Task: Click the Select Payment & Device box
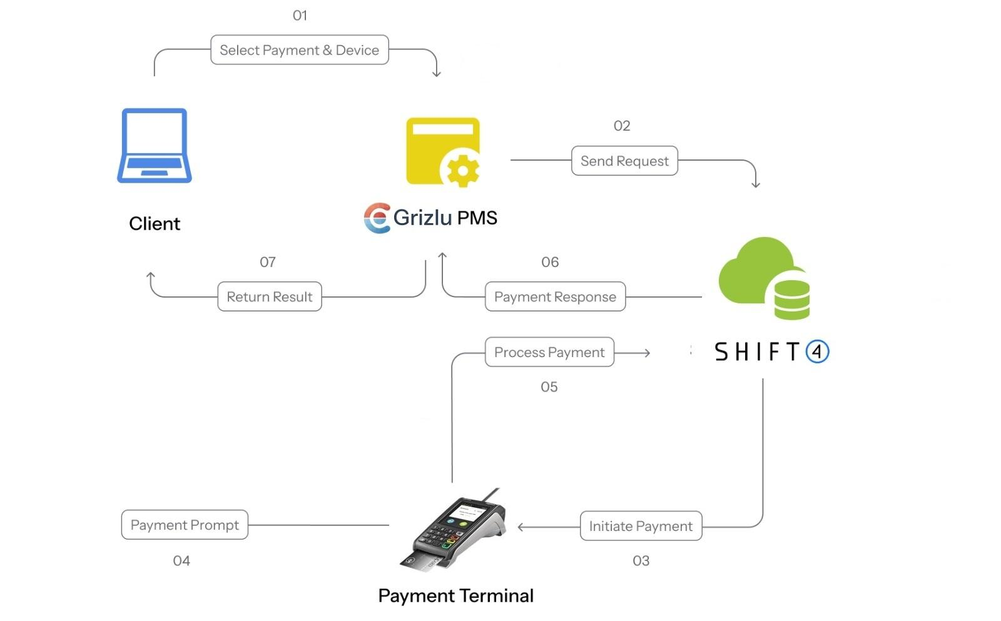click(x=299, y=50)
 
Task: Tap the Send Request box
click(x=624, y=161)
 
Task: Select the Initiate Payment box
click(x=641, y=527)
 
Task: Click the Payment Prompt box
click(x=185, y=525)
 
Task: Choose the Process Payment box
click(x=549, y=353)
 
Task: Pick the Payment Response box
click(x=555, y=297)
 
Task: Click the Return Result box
click(x=270, y=297)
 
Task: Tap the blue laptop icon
click(x=155, y=146)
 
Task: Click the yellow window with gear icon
click(x=444, y=153)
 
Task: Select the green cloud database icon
click(x=765, y=278)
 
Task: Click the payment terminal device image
click(x=453, y=530)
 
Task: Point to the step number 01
click(x=300, y=16)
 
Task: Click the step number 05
click(x=549, y=387)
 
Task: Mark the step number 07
click(x=268, y=262)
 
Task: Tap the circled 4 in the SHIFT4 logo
click(x=817, y=351)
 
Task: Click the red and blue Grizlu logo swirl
click(x=377, y=218)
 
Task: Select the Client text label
click(x=155, y=224)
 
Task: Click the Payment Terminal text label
click(x=455, y=596)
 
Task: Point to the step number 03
click(x=641, y=561)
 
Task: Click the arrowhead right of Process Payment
click(x=647, y=353)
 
